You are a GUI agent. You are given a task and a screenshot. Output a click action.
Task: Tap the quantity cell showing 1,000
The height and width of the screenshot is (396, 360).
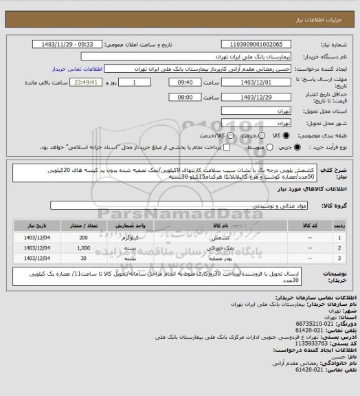(84, 247)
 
